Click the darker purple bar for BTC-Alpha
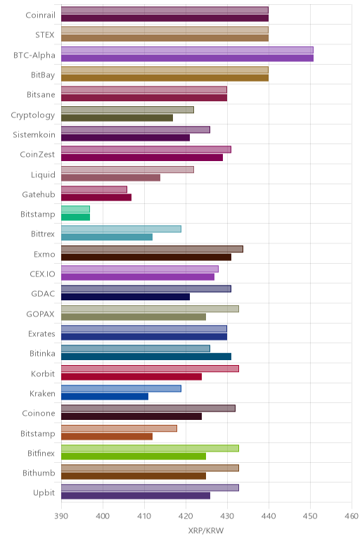(187, 58)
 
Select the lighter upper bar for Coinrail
(165, 10)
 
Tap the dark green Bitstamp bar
(75, 217)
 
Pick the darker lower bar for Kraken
(105, 397)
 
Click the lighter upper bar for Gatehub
(94, 189)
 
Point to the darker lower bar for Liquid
(111, 178)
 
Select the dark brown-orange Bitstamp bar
(107, 436)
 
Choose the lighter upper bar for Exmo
(152, 249)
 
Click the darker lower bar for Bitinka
(146, 357)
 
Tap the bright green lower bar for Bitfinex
(134, 456)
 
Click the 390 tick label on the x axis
(61, 516)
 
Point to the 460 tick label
(352, 516)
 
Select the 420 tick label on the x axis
(186, 516)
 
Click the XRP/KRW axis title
(206, 530)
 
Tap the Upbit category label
(44, 493)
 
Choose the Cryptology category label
(33, 115)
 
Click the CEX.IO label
(42, 274)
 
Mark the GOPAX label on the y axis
(41, 314)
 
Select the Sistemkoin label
(34, 134)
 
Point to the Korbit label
(43, 373)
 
